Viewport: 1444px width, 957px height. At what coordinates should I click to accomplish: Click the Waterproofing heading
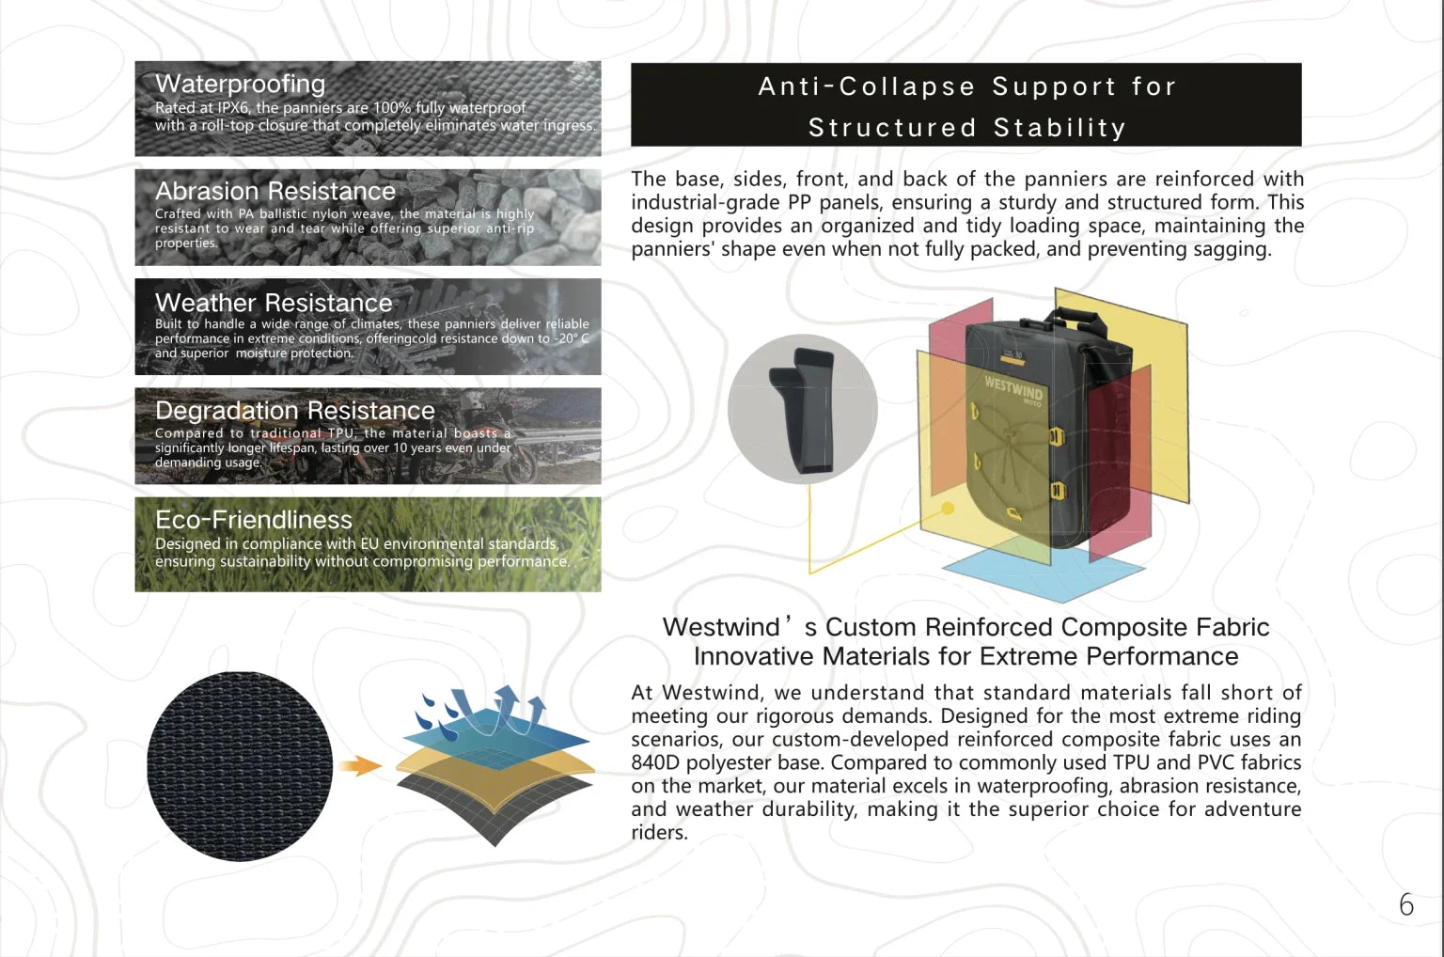click(x=240, y=84)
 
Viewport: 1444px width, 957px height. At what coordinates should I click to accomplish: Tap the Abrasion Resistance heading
click(x=275, y=191)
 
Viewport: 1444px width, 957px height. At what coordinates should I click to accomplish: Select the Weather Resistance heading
click(x=273, y=303)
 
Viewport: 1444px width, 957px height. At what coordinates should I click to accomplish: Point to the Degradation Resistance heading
click(x=294, y=411)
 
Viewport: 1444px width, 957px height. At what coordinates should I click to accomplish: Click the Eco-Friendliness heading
click(x=253, y=520)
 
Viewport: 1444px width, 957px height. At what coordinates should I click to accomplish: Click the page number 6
click(x=1405, y=904)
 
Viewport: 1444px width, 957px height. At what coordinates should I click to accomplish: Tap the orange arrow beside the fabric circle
click(x=359, y=765)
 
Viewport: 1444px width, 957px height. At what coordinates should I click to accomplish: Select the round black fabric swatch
click(x=240, y=766)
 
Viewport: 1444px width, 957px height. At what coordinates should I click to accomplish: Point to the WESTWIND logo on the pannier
click(x=1013, y=387)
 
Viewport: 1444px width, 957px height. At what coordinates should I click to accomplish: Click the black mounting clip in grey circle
click(x=802, y=410)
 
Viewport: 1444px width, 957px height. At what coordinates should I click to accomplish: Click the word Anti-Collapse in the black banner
click(x=866, y=87)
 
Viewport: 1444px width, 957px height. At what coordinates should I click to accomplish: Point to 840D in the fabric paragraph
click(x=654, y=762)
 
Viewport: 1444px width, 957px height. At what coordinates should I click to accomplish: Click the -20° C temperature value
click(x=571, y=338)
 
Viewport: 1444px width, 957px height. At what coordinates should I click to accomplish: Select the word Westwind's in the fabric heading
click(x=739, y=627)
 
